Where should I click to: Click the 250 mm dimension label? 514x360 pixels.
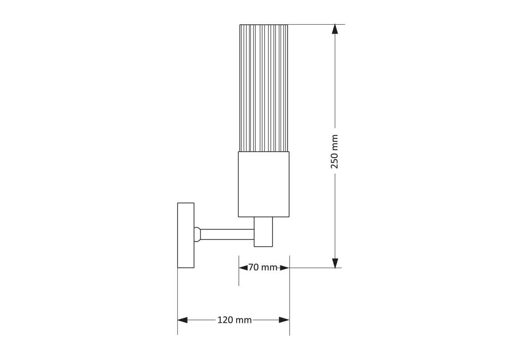pyautogui.click(x=334, y=151)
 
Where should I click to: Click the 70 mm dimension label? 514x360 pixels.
pyautogui.click(x=263, y=267)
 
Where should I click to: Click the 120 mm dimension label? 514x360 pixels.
pyautogui.click(x=234, y=319)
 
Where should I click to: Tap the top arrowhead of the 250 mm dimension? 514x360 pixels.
pyautogui.click(x=335, y=29)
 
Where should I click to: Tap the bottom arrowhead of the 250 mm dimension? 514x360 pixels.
pyautogui.click(x=335, y=263)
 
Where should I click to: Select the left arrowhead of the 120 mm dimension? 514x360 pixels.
pyautogui.click(x=183, y=320)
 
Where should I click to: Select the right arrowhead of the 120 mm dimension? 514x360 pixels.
pyautogui.click(x=284, y=320)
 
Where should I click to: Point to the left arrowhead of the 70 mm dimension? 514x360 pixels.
pyautogui.click(x=243, y=268)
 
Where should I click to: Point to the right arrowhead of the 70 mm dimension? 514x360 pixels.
pyautogui.click(x=285, y=268)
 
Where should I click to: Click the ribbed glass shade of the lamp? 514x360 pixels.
pyautogui.click(x=264, y=88)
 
